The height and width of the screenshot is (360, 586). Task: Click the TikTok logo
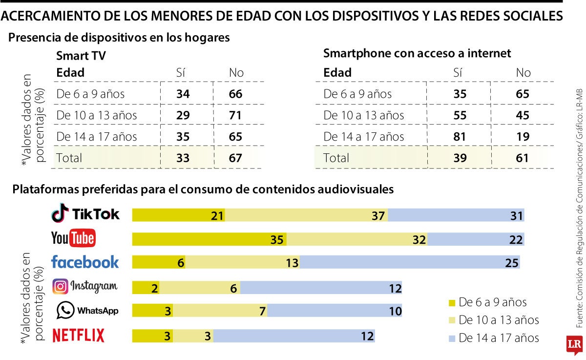coord(85,214)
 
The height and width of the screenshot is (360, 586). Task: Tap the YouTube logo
coord(73,238)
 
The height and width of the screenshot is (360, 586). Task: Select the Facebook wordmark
coord(85,262)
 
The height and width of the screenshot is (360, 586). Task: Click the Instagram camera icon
coord(60,286)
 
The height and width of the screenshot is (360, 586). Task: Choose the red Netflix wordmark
coord(79,336)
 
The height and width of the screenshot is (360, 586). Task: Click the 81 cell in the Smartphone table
coord(460,137)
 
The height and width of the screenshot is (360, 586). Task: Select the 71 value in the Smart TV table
coord(235,116)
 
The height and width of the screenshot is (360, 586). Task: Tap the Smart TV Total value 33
coord(183,158)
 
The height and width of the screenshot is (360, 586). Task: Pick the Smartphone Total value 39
coord(460,158)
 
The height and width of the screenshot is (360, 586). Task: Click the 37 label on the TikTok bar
coord(378,215)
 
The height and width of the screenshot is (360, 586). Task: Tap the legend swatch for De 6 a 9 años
coord(451,302)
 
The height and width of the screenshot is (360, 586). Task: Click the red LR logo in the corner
coord(573,345)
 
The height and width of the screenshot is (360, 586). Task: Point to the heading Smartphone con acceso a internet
coord(417,53)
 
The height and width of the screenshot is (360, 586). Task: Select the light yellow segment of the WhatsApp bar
coord(220,311)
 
